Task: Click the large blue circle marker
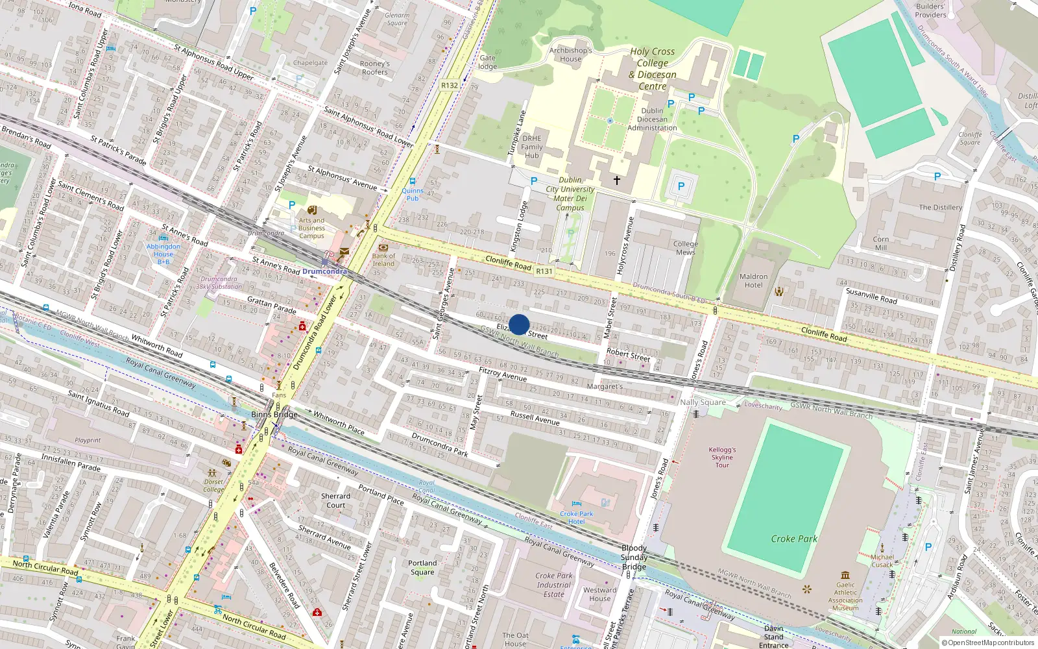click(x=519, y=324)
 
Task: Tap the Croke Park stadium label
click(x=794, y=539)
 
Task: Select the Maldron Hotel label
click(x=753, y=280)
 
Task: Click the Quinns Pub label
click(x=413, y=194)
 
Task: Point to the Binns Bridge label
click(x=274, y=414)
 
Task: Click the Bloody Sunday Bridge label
click(x=634, y=557)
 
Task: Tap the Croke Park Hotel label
click(x=577, y=517)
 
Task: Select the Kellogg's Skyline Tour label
click(x=722, y=457)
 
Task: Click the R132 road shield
click(x=450, y=85)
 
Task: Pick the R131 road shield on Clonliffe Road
click(x=544, y=271)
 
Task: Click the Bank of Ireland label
click(x=383, y=260)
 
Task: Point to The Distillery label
click(x=940, y=208)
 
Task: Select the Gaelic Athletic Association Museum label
click(x=845, y=596)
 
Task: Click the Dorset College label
click(x=213, y=485)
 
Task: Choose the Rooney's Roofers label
click(x=375, y=67)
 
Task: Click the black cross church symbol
click(x=617, y=180)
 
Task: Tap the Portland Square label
click(x=422, y=567)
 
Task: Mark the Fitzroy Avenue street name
click(x=503, y=374)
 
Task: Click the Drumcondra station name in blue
click(x=324, y=271)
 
